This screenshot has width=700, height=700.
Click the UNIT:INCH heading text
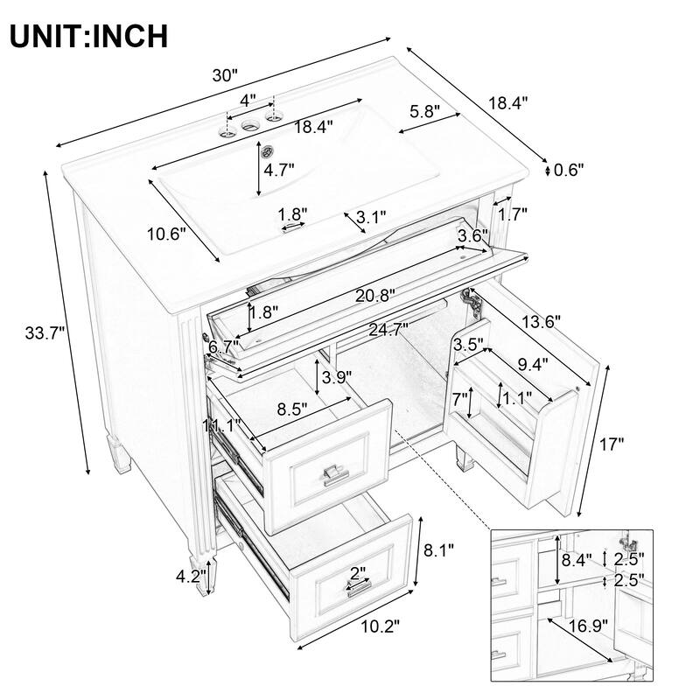point(88,36)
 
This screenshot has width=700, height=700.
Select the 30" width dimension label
point(226,76)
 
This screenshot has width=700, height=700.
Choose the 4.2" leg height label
point(190,577)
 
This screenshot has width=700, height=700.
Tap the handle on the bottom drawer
point(360,585)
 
